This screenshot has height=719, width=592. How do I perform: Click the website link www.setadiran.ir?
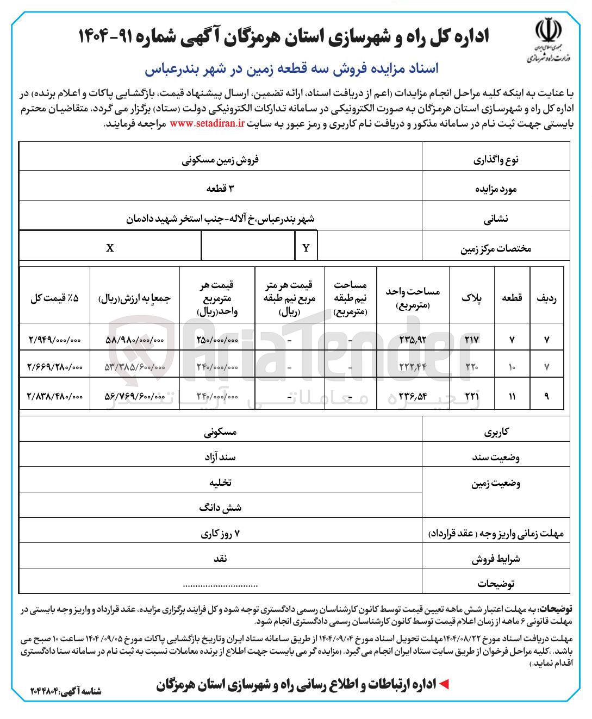pos(207,124)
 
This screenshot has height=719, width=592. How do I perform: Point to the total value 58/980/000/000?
pos(134,339)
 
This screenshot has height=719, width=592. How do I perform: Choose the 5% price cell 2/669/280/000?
pos(54,367)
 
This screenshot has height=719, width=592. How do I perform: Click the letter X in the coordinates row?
pos(110,248)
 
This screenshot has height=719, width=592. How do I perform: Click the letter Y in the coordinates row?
pos(306,248)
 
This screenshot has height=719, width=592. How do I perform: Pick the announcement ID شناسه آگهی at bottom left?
pos(66,691)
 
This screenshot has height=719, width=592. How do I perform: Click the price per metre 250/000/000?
pos(217,339)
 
